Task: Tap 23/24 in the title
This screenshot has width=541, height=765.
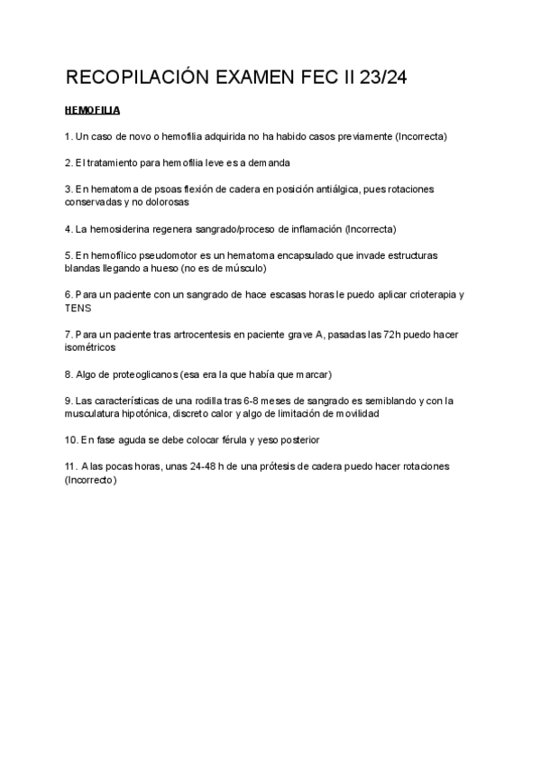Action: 382,78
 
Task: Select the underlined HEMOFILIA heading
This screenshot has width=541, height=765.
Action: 93,111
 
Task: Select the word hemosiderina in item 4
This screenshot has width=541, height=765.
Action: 120,229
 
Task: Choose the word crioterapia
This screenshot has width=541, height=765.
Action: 426,295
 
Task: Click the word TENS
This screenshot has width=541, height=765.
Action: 79,308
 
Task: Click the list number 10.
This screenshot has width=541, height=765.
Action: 71,439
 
